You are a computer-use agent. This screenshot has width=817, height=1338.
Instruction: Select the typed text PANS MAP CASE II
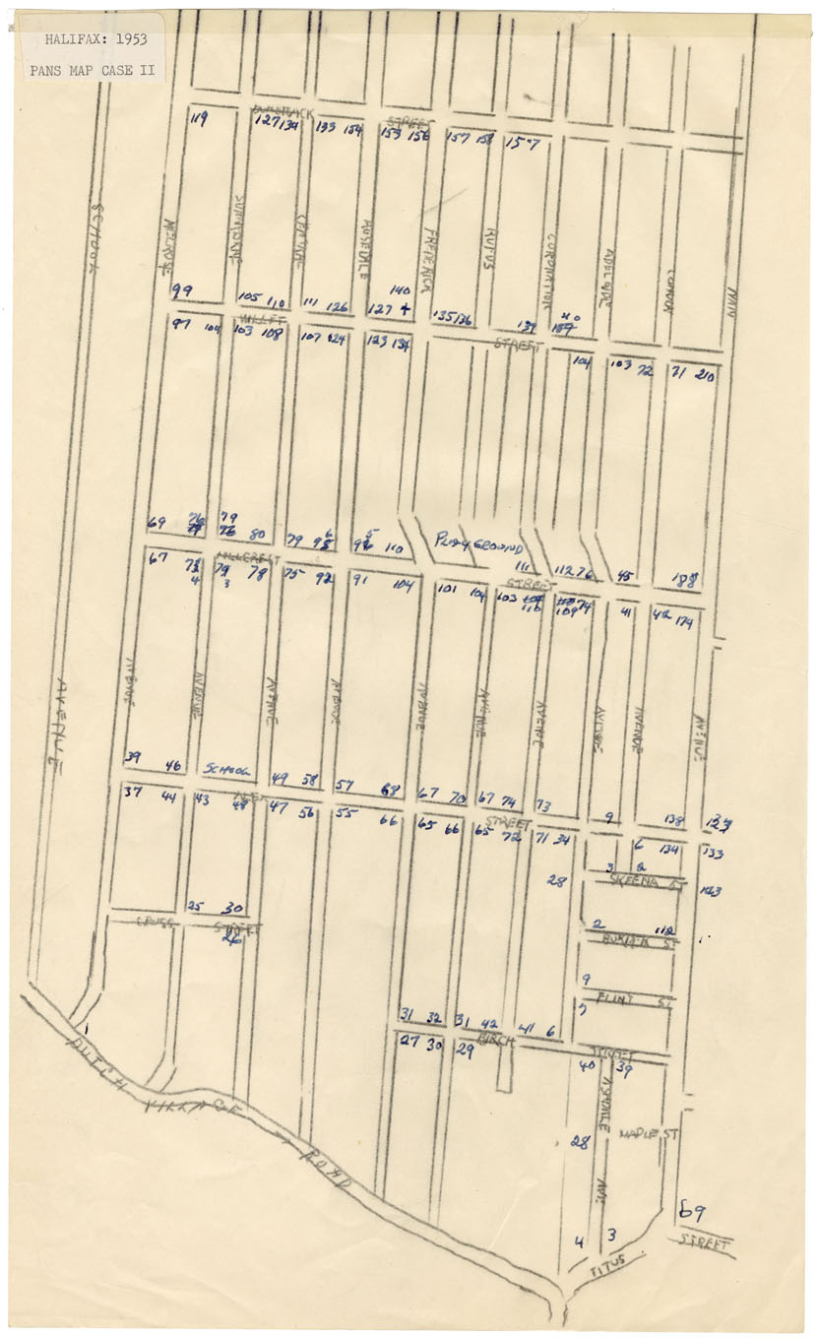tap(92, 70)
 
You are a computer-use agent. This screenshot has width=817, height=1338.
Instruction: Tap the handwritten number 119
tap(200, 120)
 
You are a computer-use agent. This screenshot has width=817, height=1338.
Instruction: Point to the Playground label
tap(478, 543)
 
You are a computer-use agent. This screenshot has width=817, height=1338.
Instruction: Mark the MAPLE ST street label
tap(650, 1134)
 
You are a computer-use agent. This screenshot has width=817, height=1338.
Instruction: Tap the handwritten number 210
tap(705, 374)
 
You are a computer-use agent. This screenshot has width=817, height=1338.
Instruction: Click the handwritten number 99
tap(182, 290)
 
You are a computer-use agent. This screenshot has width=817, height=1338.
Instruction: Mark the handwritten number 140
tap(400, 290)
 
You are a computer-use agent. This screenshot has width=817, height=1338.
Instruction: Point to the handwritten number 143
tap(711, 891)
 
